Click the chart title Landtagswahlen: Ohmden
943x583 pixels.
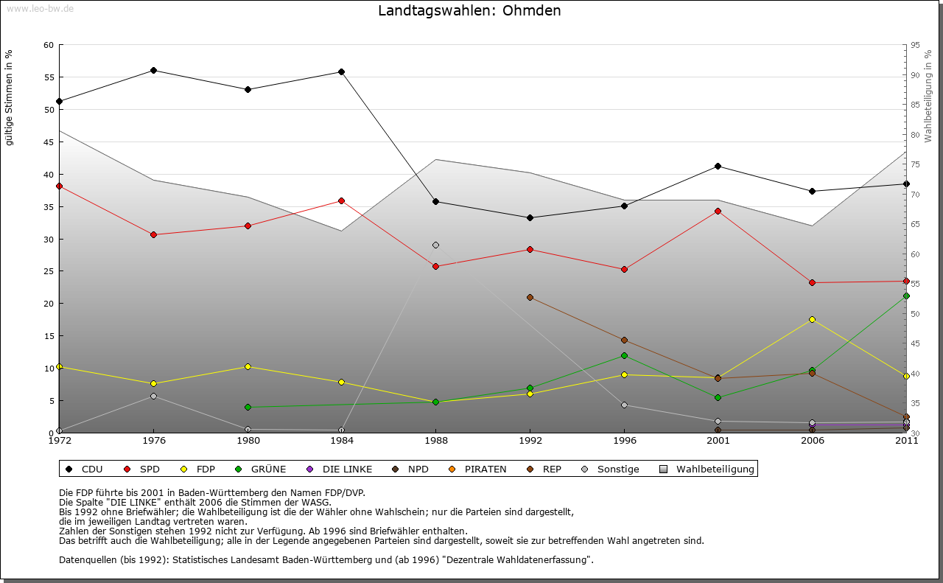(x=469, y=11)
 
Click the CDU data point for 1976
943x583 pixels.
(x=153, y=71)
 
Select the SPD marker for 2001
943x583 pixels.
(x=718, y=212)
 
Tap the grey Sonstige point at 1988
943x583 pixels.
(x=435, y=245)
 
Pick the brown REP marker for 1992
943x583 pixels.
(x=530, y=298)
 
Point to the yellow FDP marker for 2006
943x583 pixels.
(x=812, y=319)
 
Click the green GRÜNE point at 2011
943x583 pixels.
(x=906, y=296)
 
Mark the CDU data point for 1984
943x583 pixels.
(x=342, y=72)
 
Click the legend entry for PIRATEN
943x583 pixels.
(x=485, y=469)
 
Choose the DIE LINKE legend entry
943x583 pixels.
(x=347, y=469)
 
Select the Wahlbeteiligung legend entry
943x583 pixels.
(x=715, y=469)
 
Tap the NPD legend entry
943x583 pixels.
(x=418, y=469)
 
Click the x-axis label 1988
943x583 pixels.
(x=435, y=441)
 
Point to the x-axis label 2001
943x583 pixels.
(x=718, y=441)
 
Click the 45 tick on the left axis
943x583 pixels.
(x=49, y=142)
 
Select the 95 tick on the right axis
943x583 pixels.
(x=915, y=45)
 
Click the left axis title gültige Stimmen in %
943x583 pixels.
(x=9, y=98)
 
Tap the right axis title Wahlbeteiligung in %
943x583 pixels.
(x=928, y=97)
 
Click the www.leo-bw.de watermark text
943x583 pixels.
(x=40, y=8)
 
